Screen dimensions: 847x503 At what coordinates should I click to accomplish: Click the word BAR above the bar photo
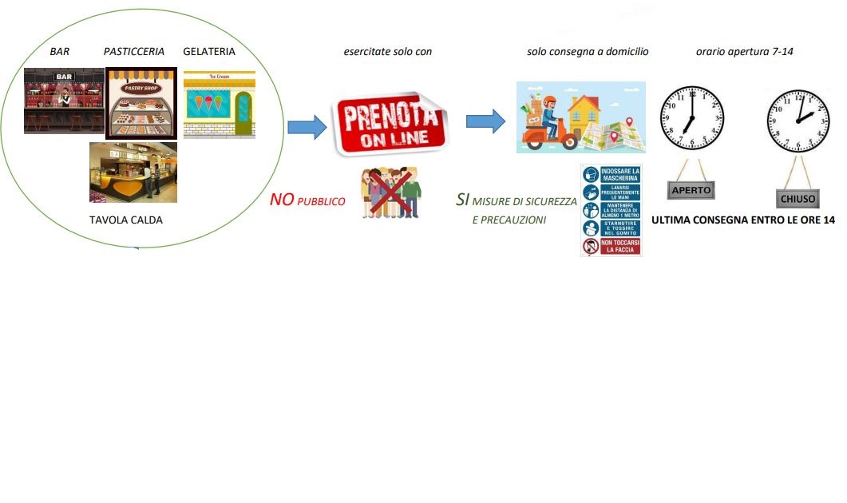(x=60, y=52)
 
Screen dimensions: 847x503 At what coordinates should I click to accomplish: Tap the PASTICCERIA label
(x=134, y=52)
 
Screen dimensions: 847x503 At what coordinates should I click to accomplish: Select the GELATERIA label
(x=209, y=52)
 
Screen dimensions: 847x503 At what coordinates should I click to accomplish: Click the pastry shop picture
(x=141, y=104)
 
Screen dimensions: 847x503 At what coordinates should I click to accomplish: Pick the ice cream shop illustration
(x=219, y=105)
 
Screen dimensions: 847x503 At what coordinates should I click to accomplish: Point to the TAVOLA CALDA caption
(x=126, y=220)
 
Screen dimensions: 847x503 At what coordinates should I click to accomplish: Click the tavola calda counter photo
(x=133, y=172)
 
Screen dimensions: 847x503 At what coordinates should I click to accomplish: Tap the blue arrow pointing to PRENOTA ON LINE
(x=307, y=126)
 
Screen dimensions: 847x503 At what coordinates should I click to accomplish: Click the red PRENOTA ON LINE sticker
(x=391, y=124)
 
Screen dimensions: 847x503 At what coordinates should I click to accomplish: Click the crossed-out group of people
(x=391, y=192)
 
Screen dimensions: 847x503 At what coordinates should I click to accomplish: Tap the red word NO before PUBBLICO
(x=282, y=200)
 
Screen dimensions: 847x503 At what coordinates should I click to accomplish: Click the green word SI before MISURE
(x=462, y=200)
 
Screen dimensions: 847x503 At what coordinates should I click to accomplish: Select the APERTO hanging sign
(x=691, y=191)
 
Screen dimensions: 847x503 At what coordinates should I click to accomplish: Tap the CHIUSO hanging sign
(x=798, y=197)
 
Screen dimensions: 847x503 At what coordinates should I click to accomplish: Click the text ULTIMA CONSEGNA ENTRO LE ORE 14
(x=742, y=220)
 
